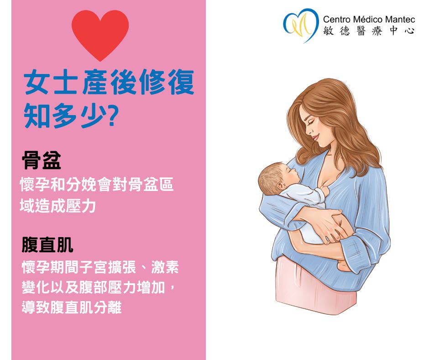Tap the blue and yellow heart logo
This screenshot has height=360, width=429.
click(301, 25)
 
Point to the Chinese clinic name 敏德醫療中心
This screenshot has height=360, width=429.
click(369, 31)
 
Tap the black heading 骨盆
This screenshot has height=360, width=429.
click(42, 160)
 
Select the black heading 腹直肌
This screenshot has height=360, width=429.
click(47, 244)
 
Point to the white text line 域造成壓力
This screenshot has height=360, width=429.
click(58, 206)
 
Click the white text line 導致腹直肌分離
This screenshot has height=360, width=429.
click(72, 307)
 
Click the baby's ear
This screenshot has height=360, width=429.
click(280, 186)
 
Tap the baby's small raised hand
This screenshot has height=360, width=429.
click(325, 191)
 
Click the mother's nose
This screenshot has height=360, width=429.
click(309, 131)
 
